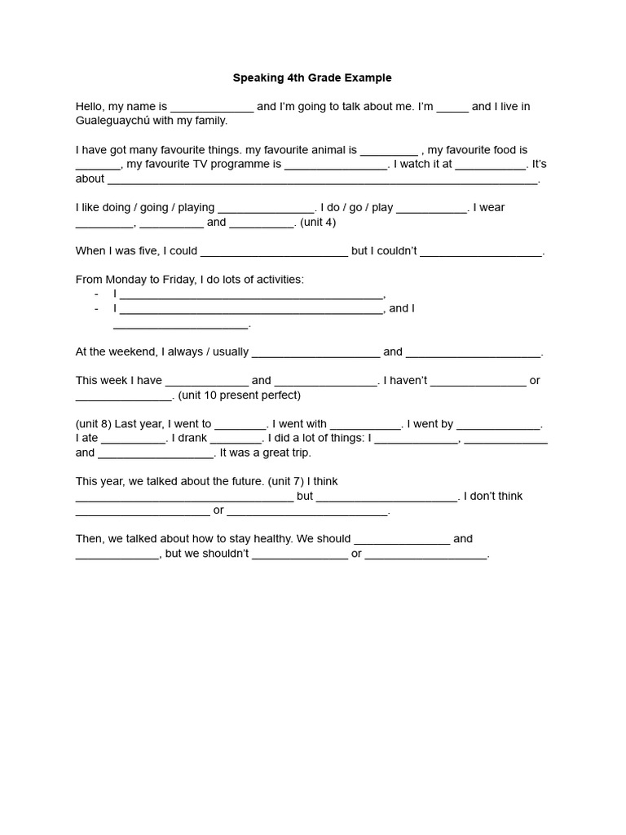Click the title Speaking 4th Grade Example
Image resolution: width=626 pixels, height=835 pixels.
click(312, 78)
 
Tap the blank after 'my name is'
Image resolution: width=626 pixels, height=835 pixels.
click(212, 108)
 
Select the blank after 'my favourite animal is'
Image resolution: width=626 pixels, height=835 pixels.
click(389, 151)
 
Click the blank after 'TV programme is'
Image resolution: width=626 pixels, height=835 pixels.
click(337, 165)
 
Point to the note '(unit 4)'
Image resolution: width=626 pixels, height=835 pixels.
click(318, 222)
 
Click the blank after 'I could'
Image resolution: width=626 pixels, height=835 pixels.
click(274, 252)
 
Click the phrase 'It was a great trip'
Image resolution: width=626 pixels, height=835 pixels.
click(266, 453)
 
